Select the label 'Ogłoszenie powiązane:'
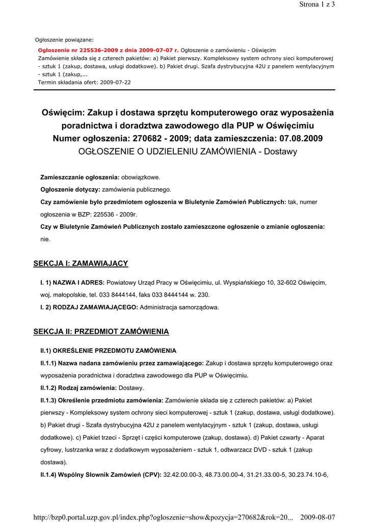click(64, 39)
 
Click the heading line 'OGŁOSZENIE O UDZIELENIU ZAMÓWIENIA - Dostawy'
click(188, 151)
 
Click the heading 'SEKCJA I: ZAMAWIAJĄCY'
click(81, 264)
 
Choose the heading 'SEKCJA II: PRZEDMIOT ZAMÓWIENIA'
click(101, 331)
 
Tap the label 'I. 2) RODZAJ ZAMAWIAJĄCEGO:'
click(89, 307)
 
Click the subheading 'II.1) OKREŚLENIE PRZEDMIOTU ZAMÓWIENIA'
click(109, 351)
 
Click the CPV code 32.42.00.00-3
click(182, 475)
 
